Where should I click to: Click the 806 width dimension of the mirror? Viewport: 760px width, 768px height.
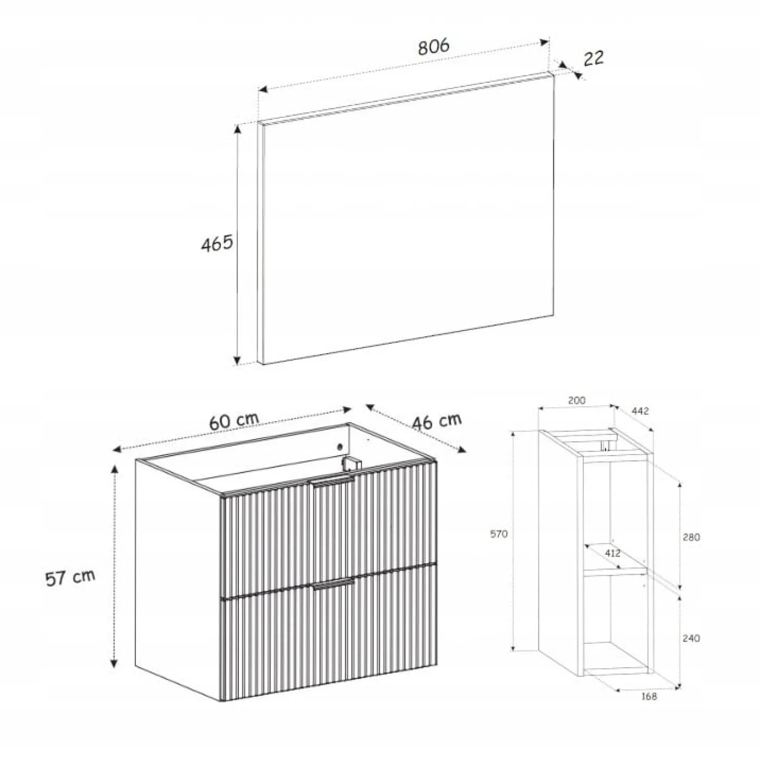pyautogui.click(x=433, y=47)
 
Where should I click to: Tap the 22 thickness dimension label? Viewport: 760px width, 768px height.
pyautogui.click(x=593, y=58)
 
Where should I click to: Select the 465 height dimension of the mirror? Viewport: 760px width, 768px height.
pyautogui.click(x=217, y=243)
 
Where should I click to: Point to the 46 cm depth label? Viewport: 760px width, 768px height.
pyautogui.click(x=437, y=421)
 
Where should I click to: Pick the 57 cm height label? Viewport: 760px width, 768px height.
pyautogui.click(x=70, y=578)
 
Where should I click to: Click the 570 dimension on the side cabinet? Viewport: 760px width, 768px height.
pyautogui.click(x=499, y=534)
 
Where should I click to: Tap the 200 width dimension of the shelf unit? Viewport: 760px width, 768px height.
pyautogui.click(x=577, y=401)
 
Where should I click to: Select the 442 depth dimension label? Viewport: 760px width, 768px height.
pyautogui.click(x=640, y=411)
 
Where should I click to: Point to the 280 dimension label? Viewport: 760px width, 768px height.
pyautogui.click(x=691, y=537)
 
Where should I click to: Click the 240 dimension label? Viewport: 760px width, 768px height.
pyautogui.click(x=691, y=638)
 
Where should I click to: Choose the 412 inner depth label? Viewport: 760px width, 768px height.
pyautogui.click(x=612, y=553)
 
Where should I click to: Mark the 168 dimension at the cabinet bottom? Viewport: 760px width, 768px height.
pyautogui.click(x=649, y=696)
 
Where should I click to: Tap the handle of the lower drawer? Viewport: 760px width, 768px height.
pyautogui.click(x=334, y=584)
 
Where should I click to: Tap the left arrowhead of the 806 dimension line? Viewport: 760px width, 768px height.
pyautogui.click(x=263, y=90)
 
